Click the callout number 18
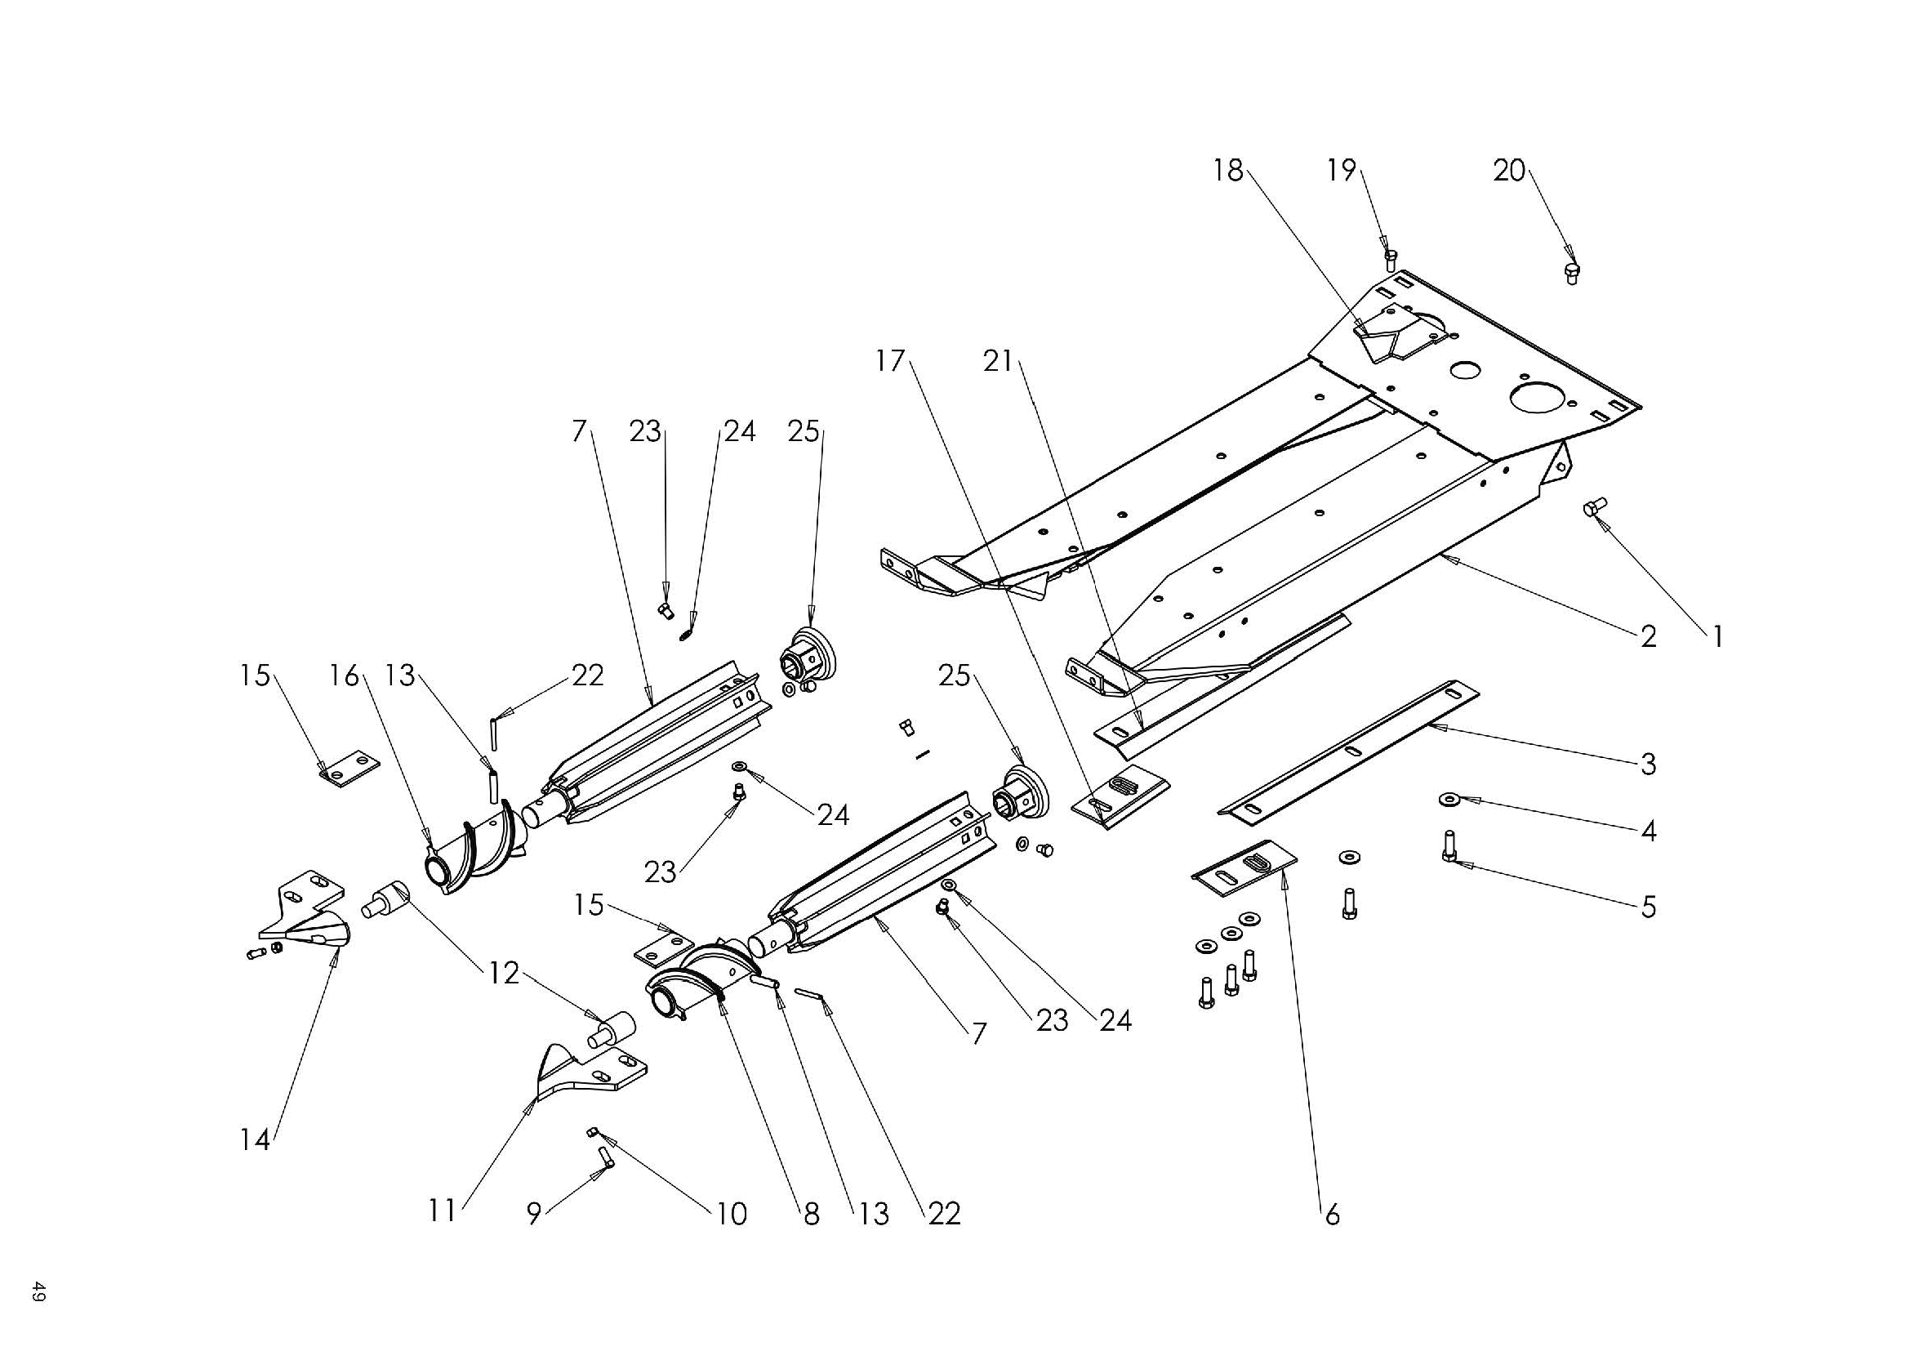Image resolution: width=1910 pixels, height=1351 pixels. (x=1228, y=171)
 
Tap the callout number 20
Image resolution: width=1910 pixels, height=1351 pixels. (x=1509, y=171)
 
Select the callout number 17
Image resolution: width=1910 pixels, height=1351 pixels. (x=889, y=361)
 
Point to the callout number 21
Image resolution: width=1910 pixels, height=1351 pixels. (x=997, y=361)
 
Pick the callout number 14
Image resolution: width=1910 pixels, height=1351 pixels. (x=256, y=1139)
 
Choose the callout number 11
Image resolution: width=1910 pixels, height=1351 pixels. (x=442, y=1211)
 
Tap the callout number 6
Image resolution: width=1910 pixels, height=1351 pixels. (x=1332, y=1215)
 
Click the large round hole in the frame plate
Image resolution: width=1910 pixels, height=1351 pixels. (x=1538, y=396)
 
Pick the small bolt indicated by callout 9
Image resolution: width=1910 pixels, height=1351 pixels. (x=605, y=1157)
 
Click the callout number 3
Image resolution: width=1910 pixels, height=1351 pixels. (x=1648, y=764)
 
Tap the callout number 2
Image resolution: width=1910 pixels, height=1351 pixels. (x=1648, y=637)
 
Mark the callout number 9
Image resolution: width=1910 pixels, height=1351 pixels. (x=533, y=1214)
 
